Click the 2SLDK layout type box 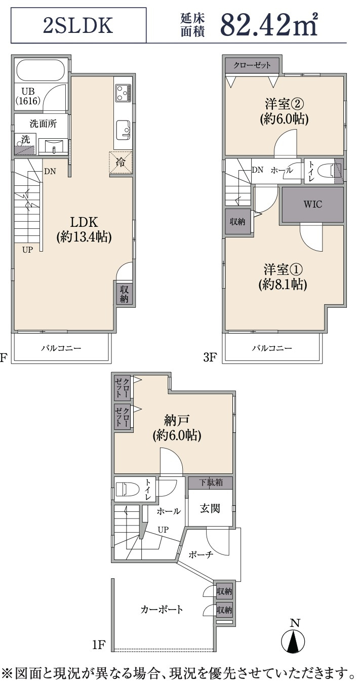point(78,26)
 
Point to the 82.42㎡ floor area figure point(268,25)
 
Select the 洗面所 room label point(43,124)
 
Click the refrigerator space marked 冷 point(121,163)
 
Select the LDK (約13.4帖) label point(84,229)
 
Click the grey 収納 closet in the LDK point(124,294)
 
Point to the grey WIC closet point(312,205)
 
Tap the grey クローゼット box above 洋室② point(252,65)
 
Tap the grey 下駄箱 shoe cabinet point(210,482)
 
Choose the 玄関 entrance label point(210,509)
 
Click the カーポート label point(162,610)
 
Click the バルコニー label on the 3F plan point(272,348)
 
